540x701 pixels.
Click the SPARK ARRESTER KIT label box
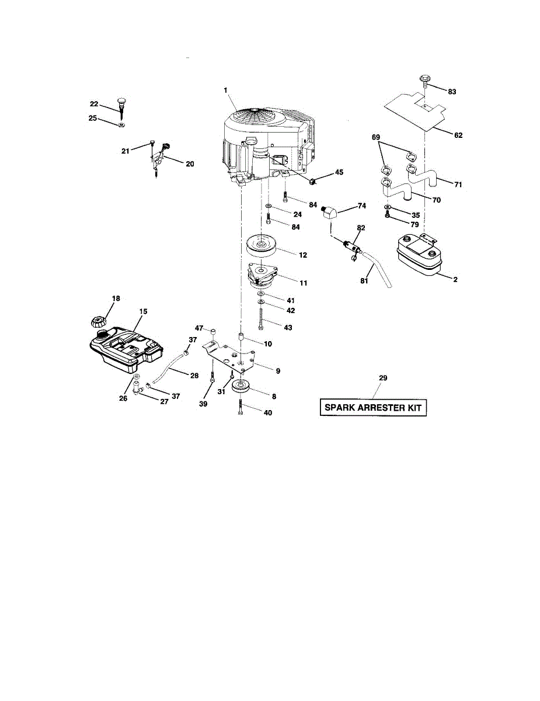[373, 407]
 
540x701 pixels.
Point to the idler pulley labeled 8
[241, 387]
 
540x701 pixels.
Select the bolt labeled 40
[241, 407]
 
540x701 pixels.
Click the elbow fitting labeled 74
[330, 213]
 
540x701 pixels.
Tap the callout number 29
[382, 379]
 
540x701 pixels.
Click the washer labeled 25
[120, 125]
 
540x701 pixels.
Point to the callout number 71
[458, 185]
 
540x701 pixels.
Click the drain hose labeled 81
[379, 271]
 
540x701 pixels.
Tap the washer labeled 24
[267, 207]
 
